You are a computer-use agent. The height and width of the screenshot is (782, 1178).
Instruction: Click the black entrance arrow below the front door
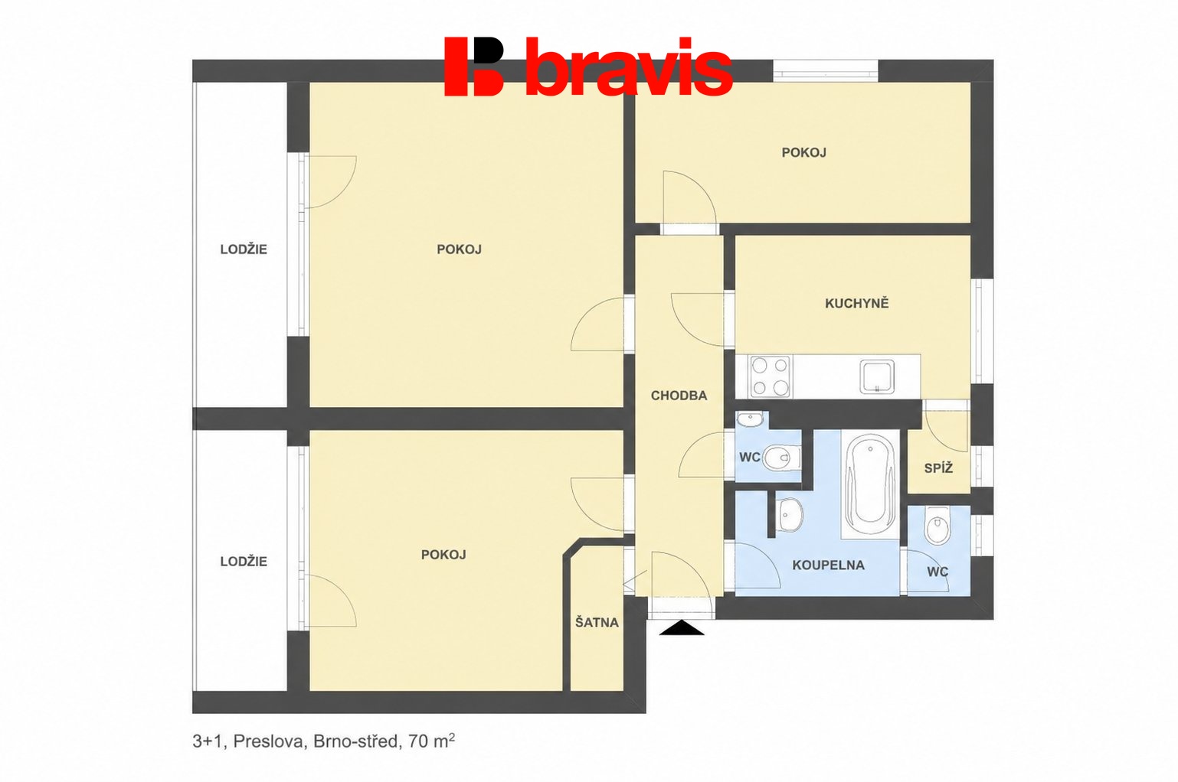pyautogui.click(x=682, y=627)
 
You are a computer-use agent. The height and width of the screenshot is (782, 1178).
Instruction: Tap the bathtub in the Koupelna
pyautogui.click(x=869, y=484)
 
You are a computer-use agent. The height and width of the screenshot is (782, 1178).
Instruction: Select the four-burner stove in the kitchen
pyautogui.click(x=771, y=376)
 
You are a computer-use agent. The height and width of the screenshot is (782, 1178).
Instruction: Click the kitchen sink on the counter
pyautogui.click(x=877, y=376)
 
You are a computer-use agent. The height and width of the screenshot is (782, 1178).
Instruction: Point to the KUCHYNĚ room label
pyautogui.click(x=856, y=303)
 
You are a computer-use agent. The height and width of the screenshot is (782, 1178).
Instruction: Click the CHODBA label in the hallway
pyautogui.click(x=679, y=396)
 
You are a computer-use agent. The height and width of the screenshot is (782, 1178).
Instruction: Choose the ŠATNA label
pyautogui.click(x=597, y=622)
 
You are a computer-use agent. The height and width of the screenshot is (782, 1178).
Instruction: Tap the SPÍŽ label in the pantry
pyautogui.click(x=939, y=468)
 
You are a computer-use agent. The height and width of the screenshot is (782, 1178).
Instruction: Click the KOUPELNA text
pyautogui.click(x=828, y=565)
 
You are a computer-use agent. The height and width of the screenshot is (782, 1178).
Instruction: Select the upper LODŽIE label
pyautogui.click(x=244, y=249)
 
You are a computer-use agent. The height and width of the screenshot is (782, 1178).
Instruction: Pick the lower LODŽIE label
pyautogui.click(x=244, y=562)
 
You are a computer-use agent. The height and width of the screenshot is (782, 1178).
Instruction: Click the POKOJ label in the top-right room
pyautogui.click(x=803, y=152)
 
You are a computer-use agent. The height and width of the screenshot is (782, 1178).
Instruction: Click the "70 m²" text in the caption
pyautogui.click(x=431, y=741)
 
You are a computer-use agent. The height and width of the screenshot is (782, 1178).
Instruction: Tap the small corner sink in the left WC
pyautogui.click(x=750, y=419)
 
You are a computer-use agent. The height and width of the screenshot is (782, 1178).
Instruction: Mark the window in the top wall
pyautogui.click(x=826, y=70)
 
